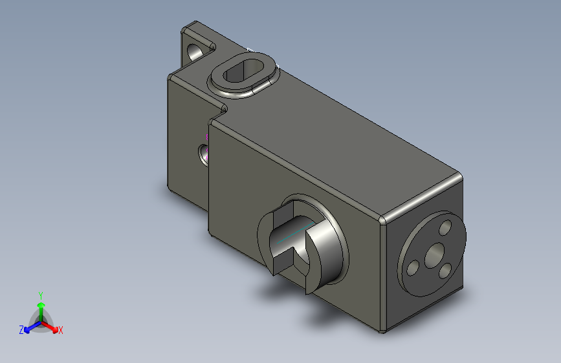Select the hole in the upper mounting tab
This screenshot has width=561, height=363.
click(194, 52)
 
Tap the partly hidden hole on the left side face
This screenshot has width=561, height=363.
click(204, 155)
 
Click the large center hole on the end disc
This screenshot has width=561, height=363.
click(435, 256)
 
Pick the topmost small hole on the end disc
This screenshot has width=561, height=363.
click(445, 227)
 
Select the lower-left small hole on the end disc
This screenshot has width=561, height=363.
click(413, 268)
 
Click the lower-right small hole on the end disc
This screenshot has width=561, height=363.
click(445, 271)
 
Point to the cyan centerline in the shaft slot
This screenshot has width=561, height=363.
click(295, 233)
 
